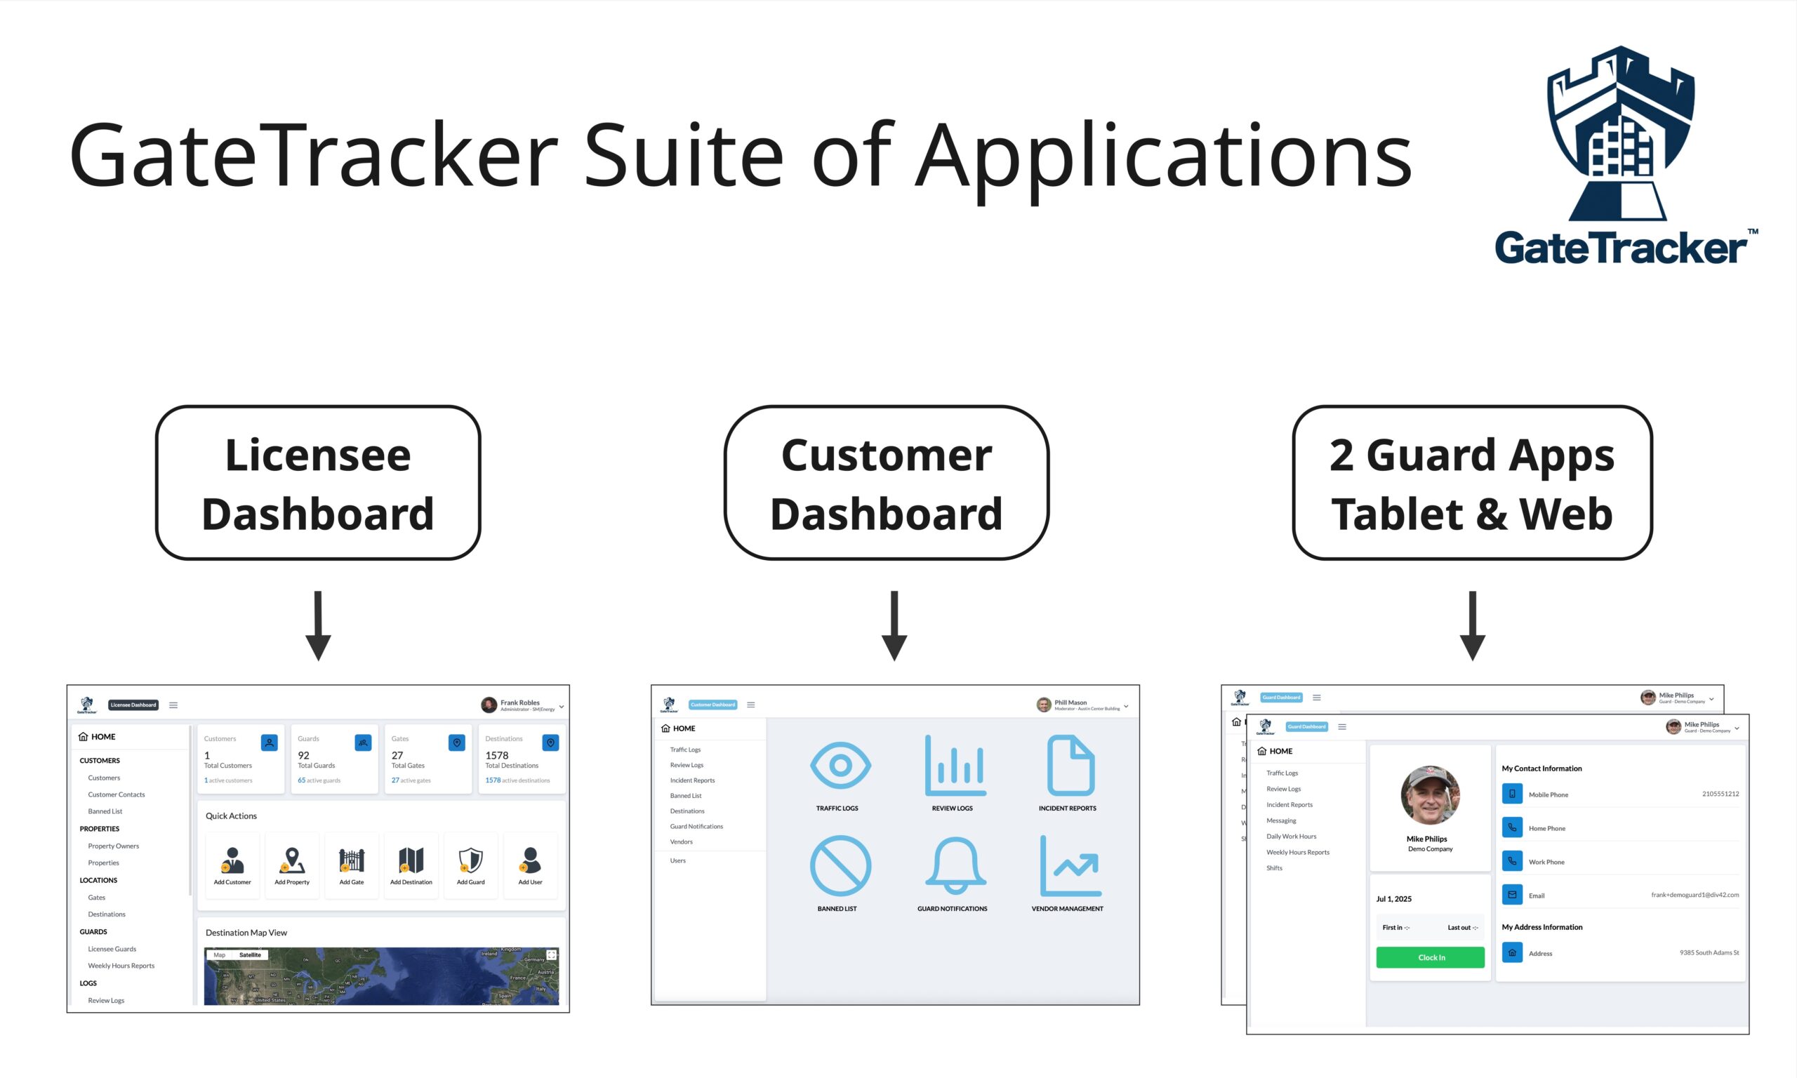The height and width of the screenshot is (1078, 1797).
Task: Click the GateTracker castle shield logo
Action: (1622, 134)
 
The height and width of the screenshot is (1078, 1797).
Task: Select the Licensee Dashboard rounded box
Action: (318, 483)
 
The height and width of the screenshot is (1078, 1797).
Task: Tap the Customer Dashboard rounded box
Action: (886, 483)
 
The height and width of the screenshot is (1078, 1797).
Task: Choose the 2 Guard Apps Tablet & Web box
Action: (1471, 483)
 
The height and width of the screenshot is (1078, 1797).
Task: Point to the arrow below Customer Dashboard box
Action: (894, 625)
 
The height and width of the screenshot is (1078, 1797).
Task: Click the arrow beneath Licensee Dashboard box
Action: (318, 625)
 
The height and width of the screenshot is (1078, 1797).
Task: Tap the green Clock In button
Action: (1429, 957)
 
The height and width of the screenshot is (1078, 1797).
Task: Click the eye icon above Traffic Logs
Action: (840, 765)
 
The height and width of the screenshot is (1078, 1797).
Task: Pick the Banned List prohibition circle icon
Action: (840, 865)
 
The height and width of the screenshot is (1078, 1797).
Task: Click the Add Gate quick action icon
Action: (352, 861)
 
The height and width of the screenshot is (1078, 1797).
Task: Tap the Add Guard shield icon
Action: (471, 861)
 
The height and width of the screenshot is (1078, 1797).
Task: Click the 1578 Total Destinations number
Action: (497, 755)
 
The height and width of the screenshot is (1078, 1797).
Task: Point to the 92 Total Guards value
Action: (304, 755)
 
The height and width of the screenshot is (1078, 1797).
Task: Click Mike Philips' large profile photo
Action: (1429, 794)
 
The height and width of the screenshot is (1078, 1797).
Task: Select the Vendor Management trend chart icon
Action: (1070, 865)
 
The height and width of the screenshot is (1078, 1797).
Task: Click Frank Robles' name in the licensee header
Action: (519, 703)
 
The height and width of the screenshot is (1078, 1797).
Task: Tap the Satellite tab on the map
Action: (250, 954)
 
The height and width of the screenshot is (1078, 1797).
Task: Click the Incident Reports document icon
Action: (1070, 765)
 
